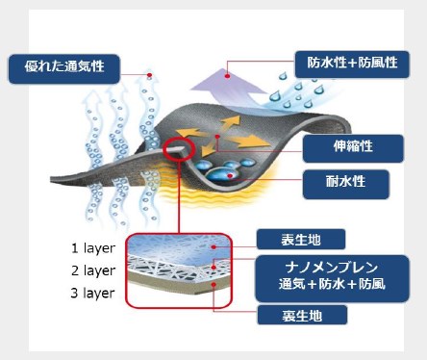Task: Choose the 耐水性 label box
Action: pyautogui.click(x=346, y=183)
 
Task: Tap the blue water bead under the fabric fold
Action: pyautogui.click(x=227, y=175)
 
